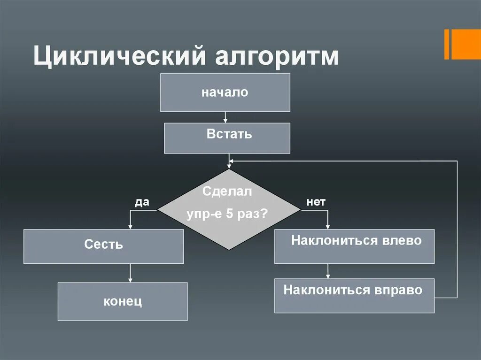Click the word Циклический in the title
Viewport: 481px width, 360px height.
click(x=119, y=56)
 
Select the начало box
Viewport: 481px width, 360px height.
click(x=225, y=92)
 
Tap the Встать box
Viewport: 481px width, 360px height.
click(x=227, y=138)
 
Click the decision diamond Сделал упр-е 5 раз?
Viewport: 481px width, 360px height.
click(x=228, y=209)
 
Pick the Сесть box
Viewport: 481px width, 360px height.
click(x=103, y=246)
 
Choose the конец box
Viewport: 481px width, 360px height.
click(x=123, y=301)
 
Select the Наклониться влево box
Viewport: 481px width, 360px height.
click(x=354, y=246)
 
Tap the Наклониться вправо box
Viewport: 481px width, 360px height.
click(x=354, y=296)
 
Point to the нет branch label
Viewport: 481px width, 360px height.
click(x=316, y=202)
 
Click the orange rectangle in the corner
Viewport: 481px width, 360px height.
click(x=462, y=44)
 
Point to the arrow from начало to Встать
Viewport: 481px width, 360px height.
click(x=226, y=117)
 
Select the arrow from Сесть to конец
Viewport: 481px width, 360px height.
click(x=130, y=273)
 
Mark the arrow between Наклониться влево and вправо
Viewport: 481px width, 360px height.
click(x=328, y=271)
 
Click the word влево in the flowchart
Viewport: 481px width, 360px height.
click(x=402, y=241)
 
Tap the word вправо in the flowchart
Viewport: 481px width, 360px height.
click(x=398, y=290)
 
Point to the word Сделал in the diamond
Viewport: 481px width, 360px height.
click(x=227, y=191)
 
